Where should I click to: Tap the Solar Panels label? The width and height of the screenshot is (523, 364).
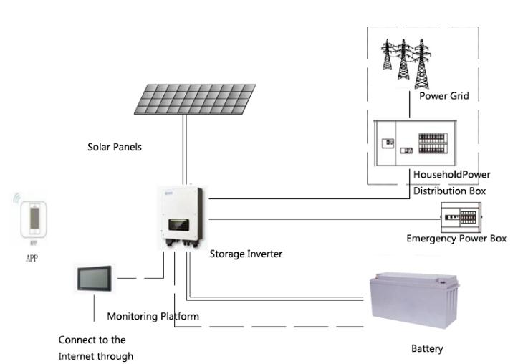(x=115, y=148)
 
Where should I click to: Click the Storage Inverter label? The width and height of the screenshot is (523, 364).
(x=246, y=254)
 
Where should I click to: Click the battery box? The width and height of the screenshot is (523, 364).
(x=414, y=302)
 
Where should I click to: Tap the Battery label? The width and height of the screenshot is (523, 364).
(x=427, y=349)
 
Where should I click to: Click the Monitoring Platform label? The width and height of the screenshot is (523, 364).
(x=153, y=316)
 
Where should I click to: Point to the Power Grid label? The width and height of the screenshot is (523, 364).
(x=444, y=95)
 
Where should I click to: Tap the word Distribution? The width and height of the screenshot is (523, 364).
(x=449, y=191)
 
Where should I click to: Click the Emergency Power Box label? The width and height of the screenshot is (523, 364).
(x=456, y=239)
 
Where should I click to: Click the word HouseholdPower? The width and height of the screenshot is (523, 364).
(x=451, y=174)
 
